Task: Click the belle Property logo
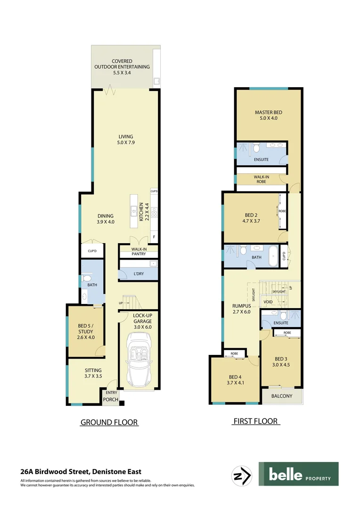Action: [298, 474]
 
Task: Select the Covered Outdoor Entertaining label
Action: [122, 67]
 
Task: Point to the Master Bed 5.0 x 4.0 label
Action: [269, 115]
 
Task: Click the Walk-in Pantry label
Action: [138, 251]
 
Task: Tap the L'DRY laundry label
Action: [139, 274]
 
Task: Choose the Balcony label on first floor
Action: [282, 396]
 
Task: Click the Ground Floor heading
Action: [109, 422]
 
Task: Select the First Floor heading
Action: [256, 421]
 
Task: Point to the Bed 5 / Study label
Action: [86, 331]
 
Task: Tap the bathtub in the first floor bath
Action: [273, 256]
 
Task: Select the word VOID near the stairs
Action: [268, 302]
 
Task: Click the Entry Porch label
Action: [111, 396]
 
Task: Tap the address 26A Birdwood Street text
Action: [81, 471]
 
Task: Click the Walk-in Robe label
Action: [261, 179]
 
